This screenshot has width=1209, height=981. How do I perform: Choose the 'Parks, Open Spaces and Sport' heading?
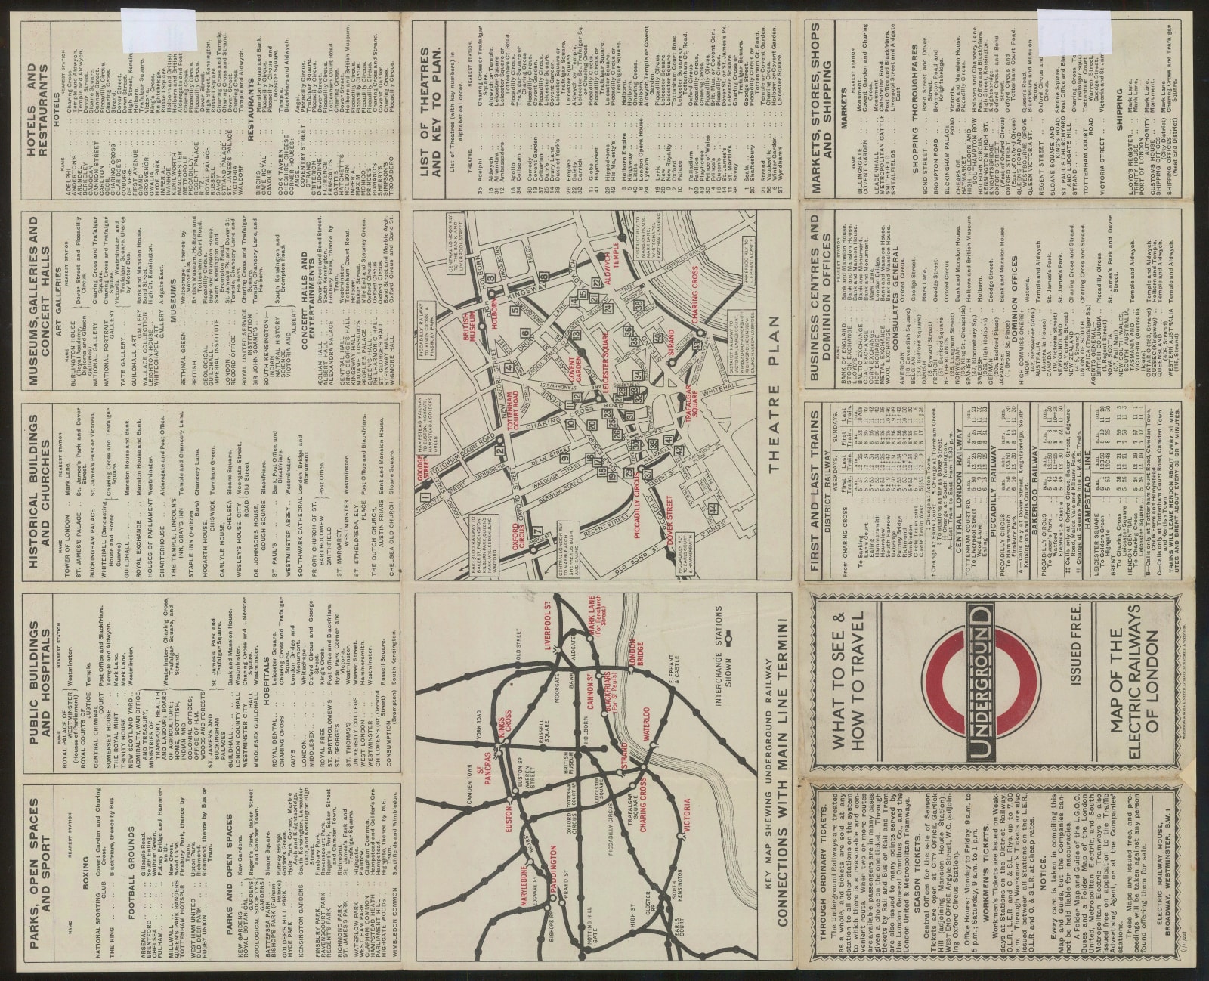coord(42,877)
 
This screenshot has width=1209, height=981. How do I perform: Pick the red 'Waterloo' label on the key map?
coord(648,722)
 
